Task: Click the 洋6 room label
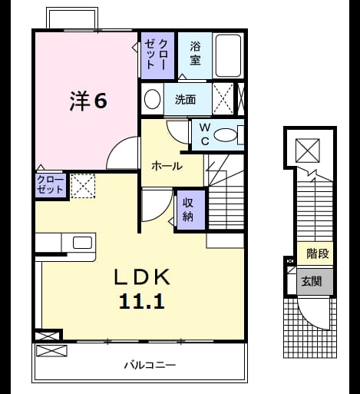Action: tap(88, 101)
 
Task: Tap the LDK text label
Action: tap(142, 276)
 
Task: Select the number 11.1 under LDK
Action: tap(141, 302)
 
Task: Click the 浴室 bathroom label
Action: tap(195, 54)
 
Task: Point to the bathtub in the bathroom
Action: tap(228, 56)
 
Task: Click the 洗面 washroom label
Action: tap(186, 99)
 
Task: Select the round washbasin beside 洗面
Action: tap(152, 99)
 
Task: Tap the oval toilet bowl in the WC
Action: tap(226, 135)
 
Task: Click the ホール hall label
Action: tap(167, 167)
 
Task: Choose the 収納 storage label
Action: tap(188, 210)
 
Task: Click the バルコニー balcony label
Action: tap(150, 365)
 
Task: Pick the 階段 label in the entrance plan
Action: tap(318, 253)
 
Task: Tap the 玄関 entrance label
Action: tap(312, 282)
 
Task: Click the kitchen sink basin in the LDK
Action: tap(82, 243)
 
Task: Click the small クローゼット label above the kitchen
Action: tap(50, 184)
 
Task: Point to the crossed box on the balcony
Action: tap(51, 351)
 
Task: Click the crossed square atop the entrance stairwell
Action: tap(308, 151)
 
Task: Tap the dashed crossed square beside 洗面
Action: tap(223, 98)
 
